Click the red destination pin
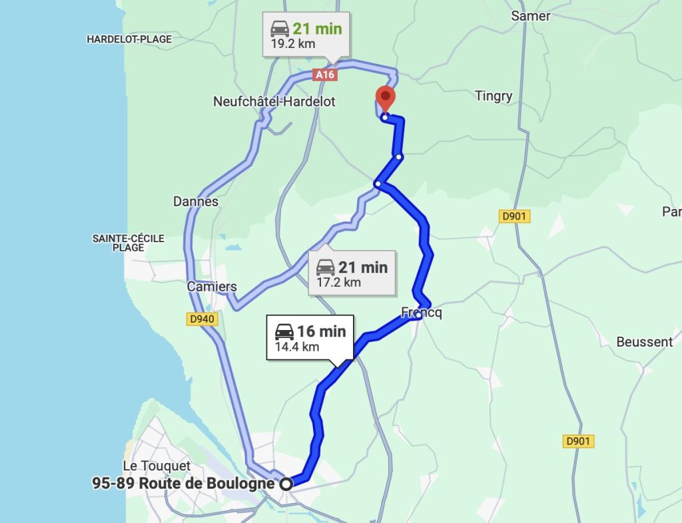(x=386, y=97)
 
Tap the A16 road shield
(x=325, y=75)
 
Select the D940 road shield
(x=201, y=320)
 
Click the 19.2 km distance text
(x=293, y=44)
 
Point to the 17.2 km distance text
(x=338, y=282)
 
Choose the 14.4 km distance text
(x=297, y=347)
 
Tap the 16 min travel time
(x=322, y=331)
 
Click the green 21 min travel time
(x=317, y=29)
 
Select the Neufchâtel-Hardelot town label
(x=274, y=102)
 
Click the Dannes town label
(x=196, y=201)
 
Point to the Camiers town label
(x=212, y=287)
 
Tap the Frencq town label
(x=422, y=312)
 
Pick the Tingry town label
(x=494, y=96)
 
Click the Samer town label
(x=530, y=15)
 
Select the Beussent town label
(x=644, y=342)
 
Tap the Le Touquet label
(x=157, y=466)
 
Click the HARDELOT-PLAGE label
(x=129, y=39)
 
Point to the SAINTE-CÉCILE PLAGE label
(x=129, y=243)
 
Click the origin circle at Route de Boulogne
(x=286, y=484)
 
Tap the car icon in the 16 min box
(x=284, y=331)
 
